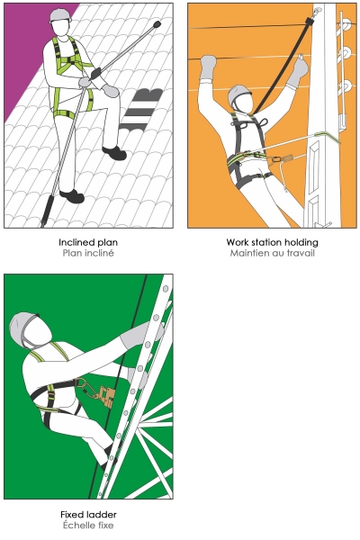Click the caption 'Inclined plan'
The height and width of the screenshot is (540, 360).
point(88,242)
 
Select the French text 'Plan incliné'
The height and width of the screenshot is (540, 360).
point(88,253)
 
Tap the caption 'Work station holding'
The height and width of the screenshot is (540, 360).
point(272,242)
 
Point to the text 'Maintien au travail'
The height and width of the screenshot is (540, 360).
point(272,253)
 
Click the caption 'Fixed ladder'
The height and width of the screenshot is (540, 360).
point(88,515)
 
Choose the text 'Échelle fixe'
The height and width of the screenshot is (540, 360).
point(88,526)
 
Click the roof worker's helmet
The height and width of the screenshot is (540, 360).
point(60,16)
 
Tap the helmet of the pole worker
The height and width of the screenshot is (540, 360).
point(238,94)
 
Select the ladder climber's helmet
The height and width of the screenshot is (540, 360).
point(23,328)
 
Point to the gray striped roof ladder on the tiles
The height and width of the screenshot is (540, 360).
point(140,111)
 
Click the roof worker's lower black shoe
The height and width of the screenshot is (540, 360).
point(72,196)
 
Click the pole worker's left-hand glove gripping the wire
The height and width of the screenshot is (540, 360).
point(208,67)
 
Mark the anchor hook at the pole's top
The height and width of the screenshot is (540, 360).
point(317,12)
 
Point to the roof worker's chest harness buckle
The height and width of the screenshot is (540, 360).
point(71,60)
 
